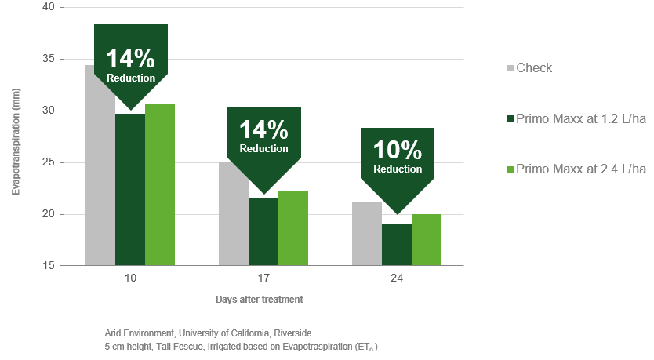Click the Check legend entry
coord(533,68)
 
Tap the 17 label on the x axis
coord(263,278)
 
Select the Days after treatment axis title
coord(260,300)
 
